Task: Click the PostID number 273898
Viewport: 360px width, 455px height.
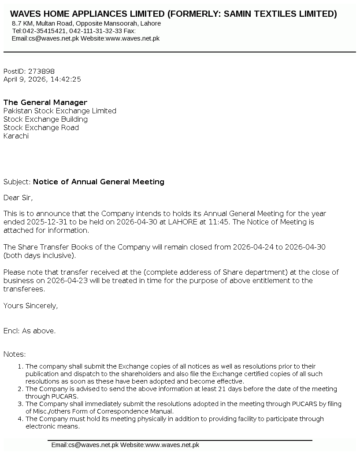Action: point(41,71)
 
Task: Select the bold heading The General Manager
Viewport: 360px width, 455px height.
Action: point(45,102)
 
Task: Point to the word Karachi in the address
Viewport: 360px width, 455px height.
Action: point(16,136)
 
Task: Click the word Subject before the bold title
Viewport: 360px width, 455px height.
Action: point(16,182)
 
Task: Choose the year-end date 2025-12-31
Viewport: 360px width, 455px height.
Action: point(45,222)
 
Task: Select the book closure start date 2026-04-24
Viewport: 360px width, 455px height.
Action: point(253,247)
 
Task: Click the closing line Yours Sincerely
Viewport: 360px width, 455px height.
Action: point(30,306)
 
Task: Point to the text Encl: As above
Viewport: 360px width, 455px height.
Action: point(30,331)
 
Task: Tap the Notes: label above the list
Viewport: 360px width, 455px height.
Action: point(15,354)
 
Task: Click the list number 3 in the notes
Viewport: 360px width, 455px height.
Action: point(20,404)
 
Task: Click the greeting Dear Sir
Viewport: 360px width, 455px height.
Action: point(18,198)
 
